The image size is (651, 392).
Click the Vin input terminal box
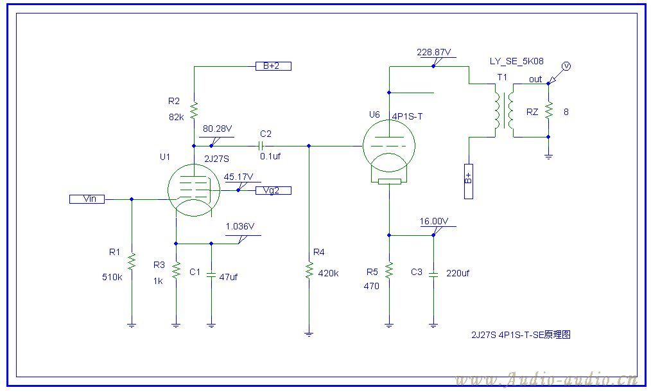[87, 199]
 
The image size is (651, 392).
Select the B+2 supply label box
[273, 66]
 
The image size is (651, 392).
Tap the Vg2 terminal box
[273, 190]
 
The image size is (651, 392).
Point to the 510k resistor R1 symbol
[132, 262]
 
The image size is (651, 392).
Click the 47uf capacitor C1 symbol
[212, 273]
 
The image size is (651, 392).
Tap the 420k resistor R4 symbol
[309, 270]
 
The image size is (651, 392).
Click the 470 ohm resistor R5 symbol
[388, 271]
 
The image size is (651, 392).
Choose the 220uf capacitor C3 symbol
[433, 273]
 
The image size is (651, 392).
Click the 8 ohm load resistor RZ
[548, 111]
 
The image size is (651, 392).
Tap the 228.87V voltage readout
[435, 51]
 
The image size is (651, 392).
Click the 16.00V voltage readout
[433, 221]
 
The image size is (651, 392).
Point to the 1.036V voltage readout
[240, 227]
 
